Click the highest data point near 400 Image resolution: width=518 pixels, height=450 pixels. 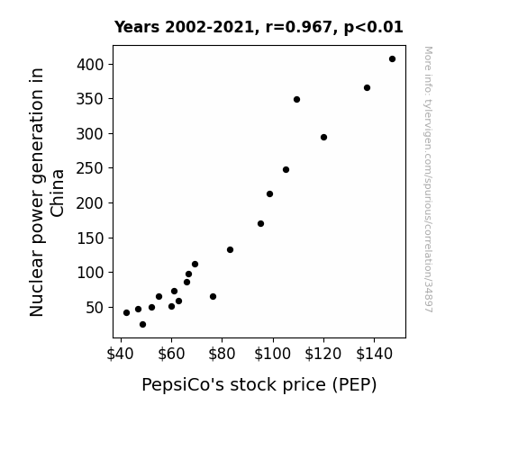tap(392, 59)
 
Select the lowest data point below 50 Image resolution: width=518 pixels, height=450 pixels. tap(142, 325)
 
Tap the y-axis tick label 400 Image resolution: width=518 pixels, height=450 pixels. tap(90, 65)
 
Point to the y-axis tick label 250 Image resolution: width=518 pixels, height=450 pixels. tap(90, 168)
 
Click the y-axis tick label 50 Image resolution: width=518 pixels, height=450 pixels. tap(95, 308)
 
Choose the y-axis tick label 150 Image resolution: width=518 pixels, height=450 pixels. tap(90, 238)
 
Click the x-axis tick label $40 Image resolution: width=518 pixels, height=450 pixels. tap(120, 354)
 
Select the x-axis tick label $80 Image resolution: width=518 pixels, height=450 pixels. tap(222, 354)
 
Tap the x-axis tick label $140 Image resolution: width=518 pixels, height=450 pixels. tap(374, 354)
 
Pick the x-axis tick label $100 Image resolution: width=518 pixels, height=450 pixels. tap(273, 354)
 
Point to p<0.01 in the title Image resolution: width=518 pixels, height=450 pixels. tap(373, 28)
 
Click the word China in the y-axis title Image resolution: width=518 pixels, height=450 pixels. tap(58, 193)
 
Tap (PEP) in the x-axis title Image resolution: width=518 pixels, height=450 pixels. tap(354, 385)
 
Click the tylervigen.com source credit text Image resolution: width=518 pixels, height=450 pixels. tap(428, 179)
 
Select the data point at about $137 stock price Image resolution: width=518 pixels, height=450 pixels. tap(367, 88)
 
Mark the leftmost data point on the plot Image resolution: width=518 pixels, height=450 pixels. tap(126, 312)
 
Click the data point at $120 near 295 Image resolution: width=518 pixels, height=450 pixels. tap(323, 138)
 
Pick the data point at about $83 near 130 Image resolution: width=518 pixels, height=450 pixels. tap(230, 250)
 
